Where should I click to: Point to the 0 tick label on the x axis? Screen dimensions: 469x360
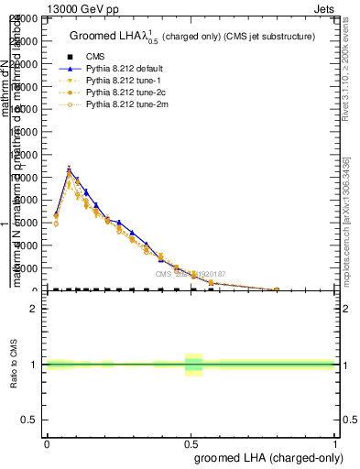(x=48, y=442)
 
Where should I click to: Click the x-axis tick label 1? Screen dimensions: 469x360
(x=335, y=442)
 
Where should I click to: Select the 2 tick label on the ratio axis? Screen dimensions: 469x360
(x=33, y=309)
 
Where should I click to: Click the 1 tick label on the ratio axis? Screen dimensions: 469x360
(x=33, y=365)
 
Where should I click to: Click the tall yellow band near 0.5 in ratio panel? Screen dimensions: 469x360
(x=193, y=365)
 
